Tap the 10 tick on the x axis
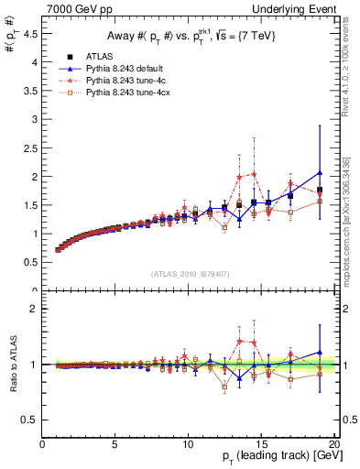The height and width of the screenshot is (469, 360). (x=188, y=445)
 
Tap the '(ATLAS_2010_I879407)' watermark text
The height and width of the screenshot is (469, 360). (x=189, y=274)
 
